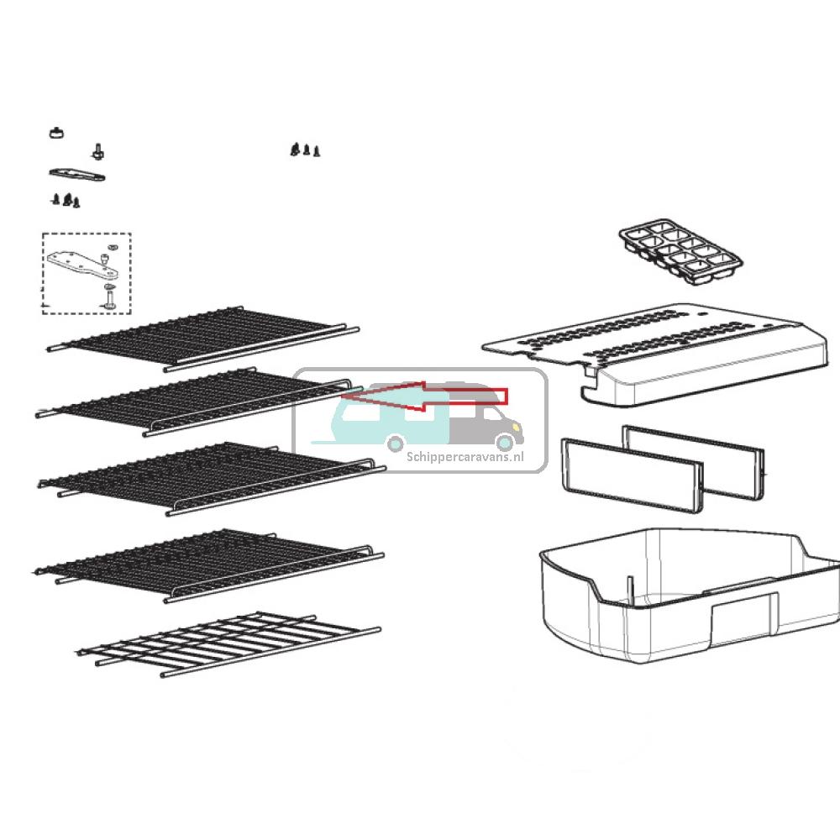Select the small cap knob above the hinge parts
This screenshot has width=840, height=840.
pyautogui.click(x=55, y=132)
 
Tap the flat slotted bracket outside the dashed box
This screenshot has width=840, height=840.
pyautogui.click(x=76, y=175)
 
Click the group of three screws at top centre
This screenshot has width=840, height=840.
pyautogui.click(x=306, y=150)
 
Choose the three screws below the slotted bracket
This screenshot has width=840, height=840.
pyautogui.click(x=66, y=200)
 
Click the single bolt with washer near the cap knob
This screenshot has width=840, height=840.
pyautogui.click(x=98, y=152)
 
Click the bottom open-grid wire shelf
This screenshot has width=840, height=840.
pyautogui.click(x=227, y=643)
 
